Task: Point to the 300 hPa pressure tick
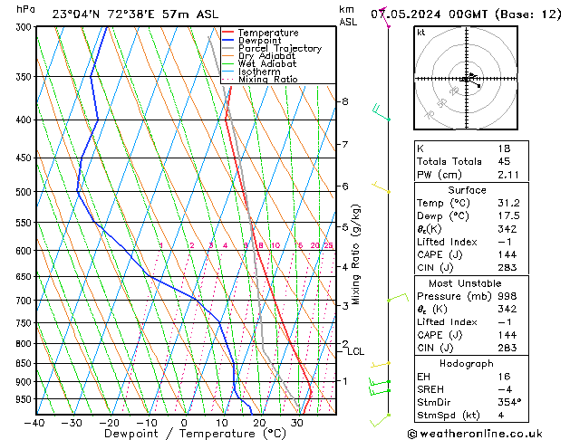[24, 27]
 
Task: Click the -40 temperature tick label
[34, 423]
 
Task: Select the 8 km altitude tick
[344, 101]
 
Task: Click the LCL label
[355, 352]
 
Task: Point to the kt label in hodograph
[421, 33]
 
